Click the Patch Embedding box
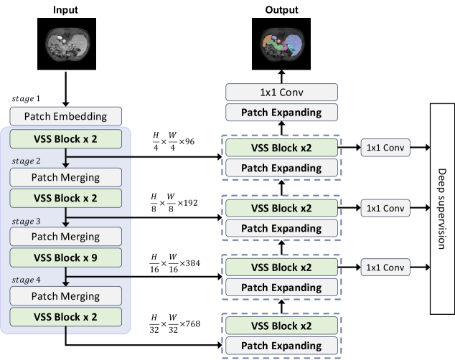click(65, 115)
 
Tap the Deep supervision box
click(441, 208)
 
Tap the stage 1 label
click(27, 98)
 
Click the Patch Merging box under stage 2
click(65, 176)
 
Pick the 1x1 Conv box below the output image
click(281, 92)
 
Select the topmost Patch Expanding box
click(281, 112)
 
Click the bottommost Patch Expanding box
click(281, 346)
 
